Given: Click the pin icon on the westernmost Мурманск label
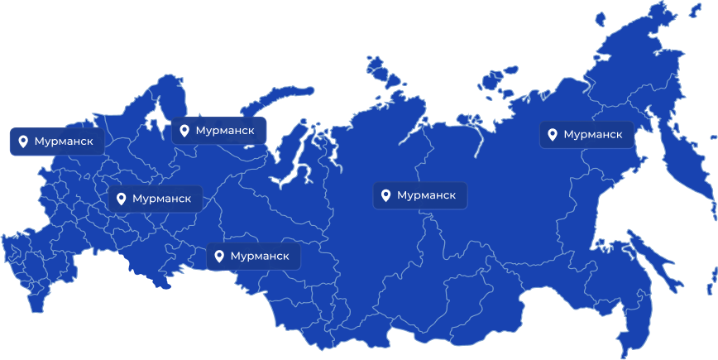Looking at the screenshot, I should (x=23, y=142).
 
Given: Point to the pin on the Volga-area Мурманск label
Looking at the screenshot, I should (x=122, y=199).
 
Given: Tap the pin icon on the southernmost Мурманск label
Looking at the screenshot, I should (x=219, y=257).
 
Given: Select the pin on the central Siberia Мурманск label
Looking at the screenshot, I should (x=385, y=195).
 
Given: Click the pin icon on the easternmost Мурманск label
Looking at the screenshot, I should (x=553, y=134).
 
